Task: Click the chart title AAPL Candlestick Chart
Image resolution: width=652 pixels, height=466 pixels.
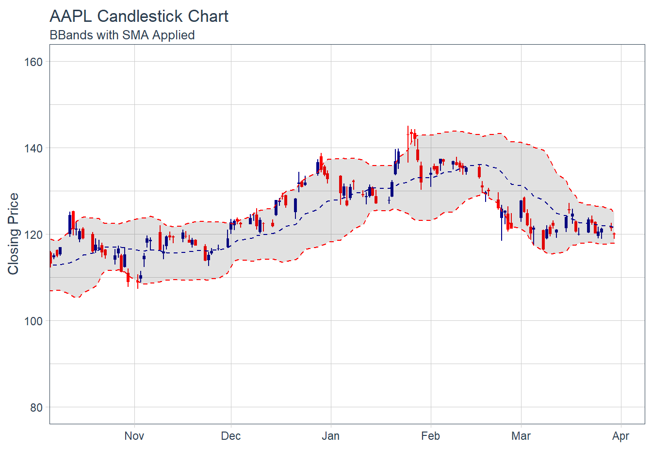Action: point(139,17)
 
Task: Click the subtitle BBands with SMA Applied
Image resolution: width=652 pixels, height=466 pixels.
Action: point(122,35)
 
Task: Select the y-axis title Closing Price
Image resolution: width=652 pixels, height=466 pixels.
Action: point(13,234)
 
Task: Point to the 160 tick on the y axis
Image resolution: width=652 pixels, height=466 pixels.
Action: point(33,62)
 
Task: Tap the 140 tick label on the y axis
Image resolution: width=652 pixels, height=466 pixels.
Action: point(33,148)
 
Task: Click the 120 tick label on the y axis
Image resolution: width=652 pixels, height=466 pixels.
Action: point(33,234)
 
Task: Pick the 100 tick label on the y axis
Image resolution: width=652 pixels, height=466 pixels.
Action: point(33,321)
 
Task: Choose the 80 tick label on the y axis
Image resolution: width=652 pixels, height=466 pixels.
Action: point(36,408)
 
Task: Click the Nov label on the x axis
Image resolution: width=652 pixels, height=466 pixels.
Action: point(134,436)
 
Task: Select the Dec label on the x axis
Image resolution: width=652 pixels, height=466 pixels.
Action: point(231,436)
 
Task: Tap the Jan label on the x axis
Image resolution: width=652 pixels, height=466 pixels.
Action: point(331,436)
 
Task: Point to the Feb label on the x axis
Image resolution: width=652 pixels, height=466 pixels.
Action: point(431,436)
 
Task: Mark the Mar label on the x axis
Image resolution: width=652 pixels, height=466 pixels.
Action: point(521,436)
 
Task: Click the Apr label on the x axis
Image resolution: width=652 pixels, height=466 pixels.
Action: point(621,436)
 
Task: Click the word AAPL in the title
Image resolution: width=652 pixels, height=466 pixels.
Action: point(71,17)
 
